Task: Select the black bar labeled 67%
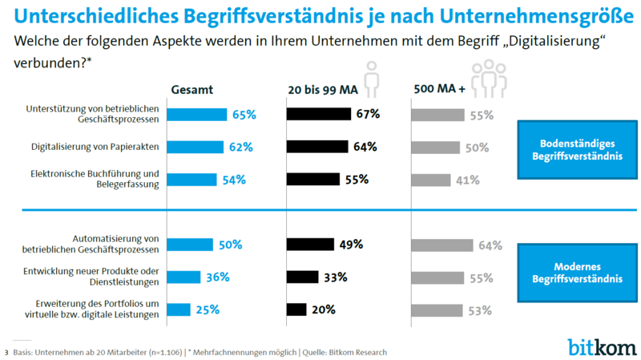tap(319, 115)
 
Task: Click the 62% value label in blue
tap(241, 148)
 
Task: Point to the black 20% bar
tap(296, 309)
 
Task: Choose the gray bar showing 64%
tap(441, 245)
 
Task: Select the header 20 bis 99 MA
tap(322, 90)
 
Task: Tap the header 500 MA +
tap(438, 90)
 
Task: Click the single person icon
tap(372, 78)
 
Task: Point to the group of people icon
tap(486, 78)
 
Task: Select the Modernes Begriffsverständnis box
tap(577, 273)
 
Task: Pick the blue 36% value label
tap(218, 277)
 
